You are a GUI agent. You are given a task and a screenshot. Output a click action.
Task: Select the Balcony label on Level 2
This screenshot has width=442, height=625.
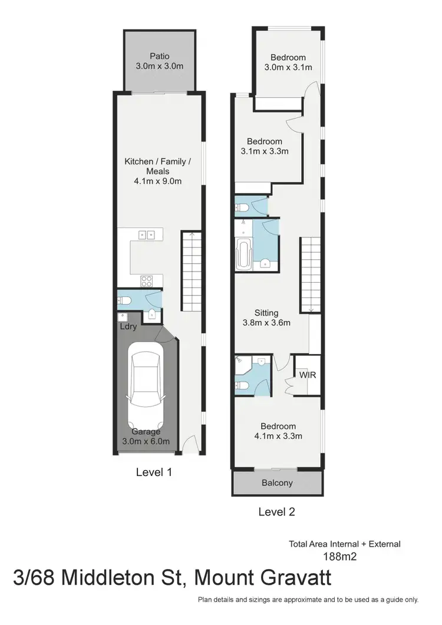[277, 483]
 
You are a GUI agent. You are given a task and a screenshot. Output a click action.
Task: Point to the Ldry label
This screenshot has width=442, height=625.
[128, 326]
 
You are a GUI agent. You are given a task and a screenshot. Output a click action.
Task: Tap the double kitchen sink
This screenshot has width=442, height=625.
[147, 235]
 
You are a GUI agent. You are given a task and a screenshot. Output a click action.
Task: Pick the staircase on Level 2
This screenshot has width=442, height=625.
[311, 274]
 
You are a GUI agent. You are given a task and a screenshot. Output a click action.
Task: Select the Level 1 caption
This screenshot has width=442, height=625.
[154, 472]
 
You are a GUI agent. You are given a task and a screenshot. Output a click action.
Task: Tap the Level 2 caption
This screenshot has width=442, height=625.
[276, 512]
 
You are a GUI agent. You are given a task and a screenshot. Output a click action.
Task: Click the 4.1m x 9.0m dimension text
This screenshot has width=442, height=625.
[157, 181]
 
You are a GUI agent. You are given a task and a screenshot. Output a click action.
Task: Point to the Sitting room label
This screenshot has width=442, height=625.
[266, 313]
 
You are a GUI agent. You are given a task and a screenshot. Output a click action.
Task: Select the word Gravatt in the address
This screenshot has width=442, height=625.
[292, 577]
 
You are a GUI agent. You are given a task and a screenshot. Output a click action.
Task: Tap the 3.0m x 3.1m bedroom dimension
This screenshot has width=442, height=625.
[288, 67]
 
